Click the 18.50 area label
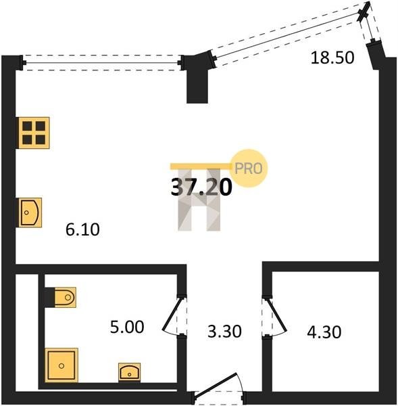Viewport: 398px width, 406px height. pyautogui.click(x=332, y=58)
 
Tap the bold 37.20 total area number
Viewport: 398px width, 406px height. pyautogui.click(x=201, y=187)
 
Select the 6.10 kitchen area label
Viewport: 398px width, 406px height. pyautogui.click(x=82, y=229)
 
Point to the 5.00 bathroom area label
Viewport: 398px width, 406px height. pyautogui.click(x=127, y=327)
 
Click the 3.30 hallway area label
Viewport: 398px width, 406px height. pyautogui.click(x=224, y=331)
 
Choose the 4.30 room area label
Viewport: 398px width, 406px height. pyautogui.click(x=324, y=332)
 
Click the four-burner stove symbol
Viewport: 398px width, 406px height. pyautogui.click(x=33, y=133)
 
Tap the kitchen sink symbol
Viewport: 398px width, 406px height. pyautogui.click(x=30, y=212)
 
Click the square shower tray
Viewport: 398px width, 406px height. pyautogui.click(x=61, y=365)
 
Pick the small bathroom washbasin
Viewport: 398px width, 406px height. pyautogui.click(x=129, y=372)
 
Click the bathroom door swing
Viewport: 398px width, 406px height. pyautogui.click(x=172, y=316)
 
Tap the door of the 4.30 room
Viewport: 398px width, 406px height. pyautogui.click(x=277, y=316)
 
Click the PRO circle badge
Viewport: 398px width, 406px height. pyautogui.click(x=249, y=168)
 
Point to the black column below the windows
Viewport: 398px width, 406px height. pyautogui.click(x=197, y=81)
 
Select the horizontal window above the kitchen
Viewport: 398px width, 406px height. pyautogui.click(x=102, y=63)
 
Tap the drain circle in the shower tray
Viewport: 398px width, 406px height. pyautogui.click(x=61, y=366)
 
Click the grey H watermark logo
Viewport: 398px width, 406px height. pyautogui.click(x=199, y=200)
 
